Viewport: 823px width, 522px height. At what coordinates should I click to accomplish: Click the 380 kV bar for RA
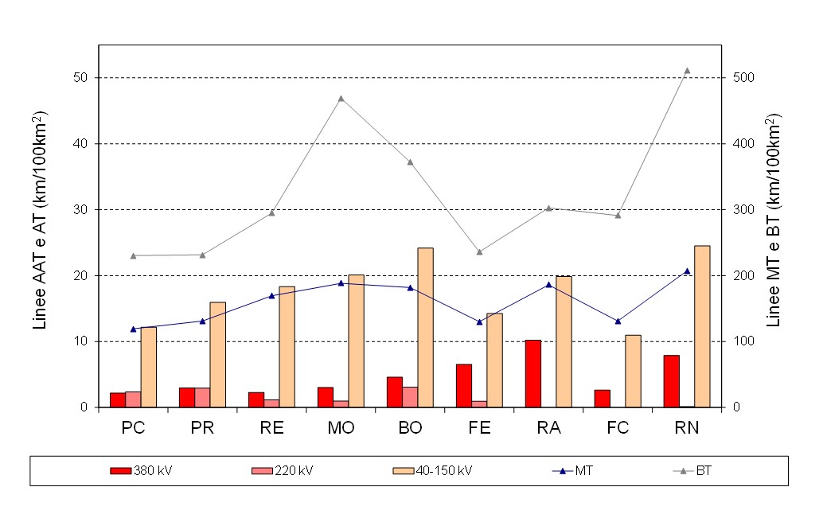533,373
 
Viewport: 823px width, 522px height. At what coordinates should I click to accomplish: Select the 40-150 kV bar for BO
425,327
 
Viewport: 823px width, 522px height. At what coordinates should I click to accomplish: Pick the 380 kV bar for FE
463,386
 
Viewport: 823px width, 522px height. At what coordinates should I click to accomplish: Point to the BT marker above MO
341,99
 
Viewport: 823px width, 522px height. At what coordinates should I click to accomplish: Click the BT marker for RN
687,71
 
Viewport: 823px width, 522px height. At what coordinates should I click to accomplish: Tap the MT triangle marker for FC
618,321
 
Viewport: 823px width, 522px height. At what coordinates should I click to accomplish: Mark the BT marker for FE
479,252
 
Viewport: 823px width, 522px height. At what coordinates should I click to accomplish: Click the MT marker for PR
202,321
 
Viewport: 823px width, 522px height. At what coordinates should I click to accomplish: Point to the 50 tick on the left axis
83,78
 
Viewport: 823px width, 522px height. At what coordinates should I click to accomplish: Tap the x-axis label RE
271,428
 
